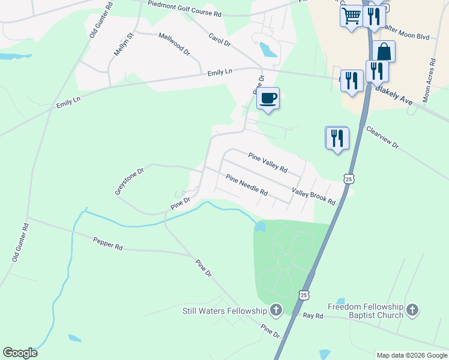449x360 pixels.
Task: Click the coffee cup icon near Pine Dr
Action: (x=268, y=98)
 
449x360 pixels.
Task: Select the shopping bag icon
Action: (x=384, y=52)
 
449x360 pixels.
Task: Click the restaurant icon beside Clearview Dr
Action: (x=337, y=138)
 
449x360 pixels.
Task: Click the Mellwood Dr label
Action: (x=174, y=44)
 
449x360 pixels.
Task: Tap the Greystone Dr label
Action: (x=130, y=181)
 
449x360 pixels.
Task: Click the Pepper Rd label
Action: (x=108, y=242)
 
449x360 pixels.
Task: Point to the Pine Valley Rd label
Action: (x=268, y=161)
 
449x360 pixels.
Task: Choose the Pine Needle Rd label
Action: (x=247, y=185)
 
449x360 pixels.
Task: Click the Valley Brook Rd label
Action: (x=313, y=196)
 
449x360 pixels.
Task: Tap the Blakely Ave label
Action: (x=394, y=95)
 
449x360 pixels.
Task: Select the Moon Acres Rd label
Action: (x=429, y=82)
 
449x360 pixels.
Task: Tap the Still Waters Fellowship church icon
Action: (x=276, y=310)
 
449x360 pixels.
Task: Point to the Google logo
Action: (x=20, y=353)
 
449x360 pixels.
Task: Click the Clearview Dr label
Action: (x=382, y=137)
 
